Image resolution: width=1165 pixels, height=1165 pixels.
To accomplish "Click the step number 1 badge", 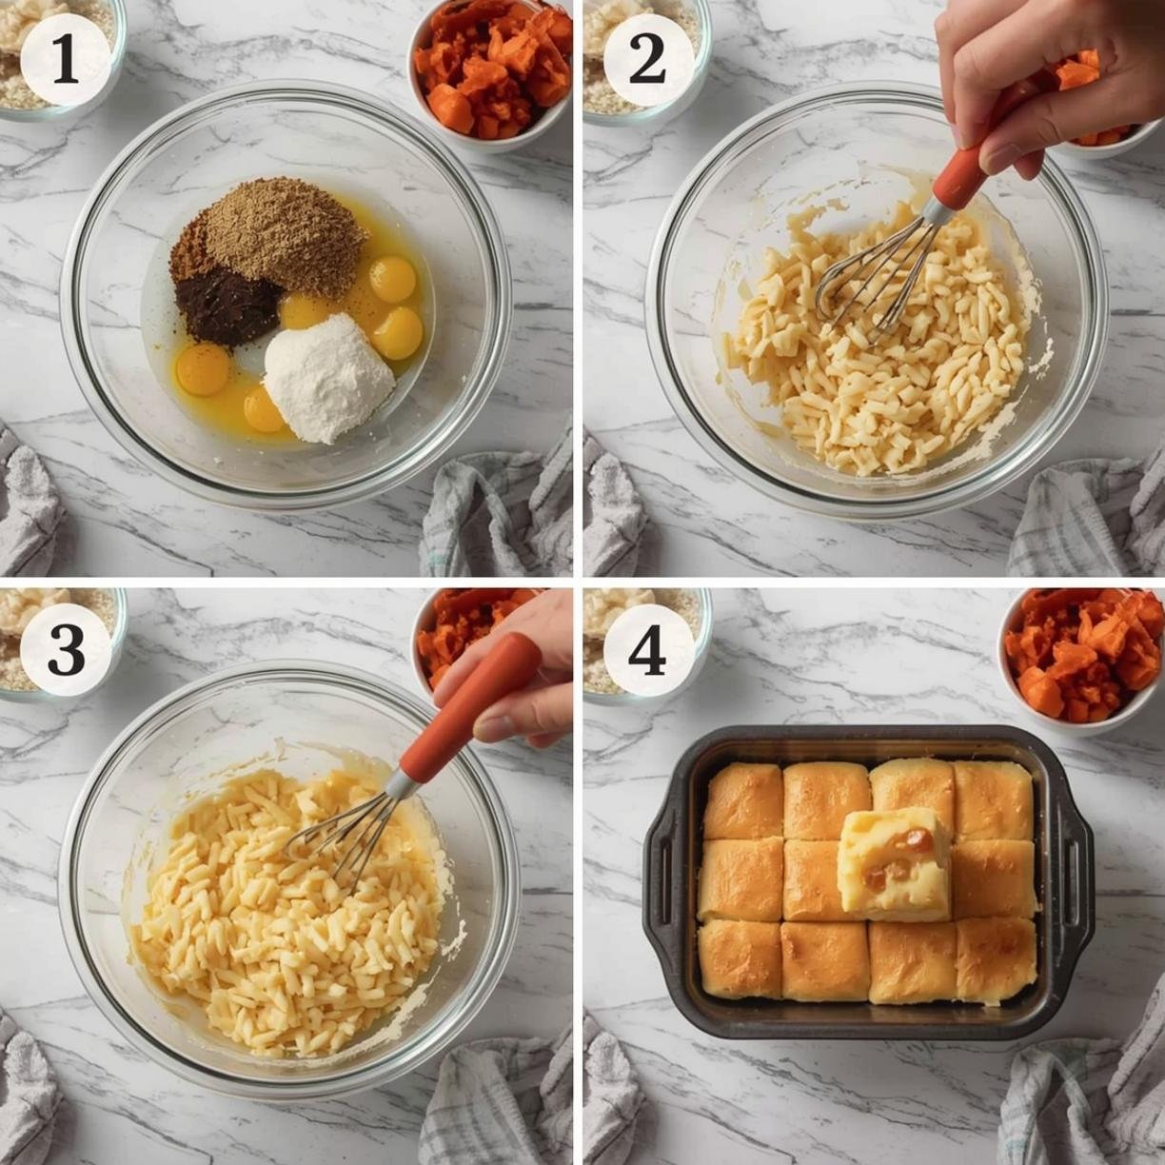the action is [x=66, y=59].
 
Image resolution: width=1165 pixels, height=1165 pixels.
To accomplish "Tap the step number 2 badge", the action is [x=647, y=59].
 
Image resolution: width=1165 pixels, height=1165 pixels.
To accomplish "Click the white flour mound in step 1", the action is [x=329, y=379].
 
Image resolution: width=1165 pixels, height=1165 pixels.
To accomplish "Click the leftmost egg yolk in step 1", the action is [x=203, y=368].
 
